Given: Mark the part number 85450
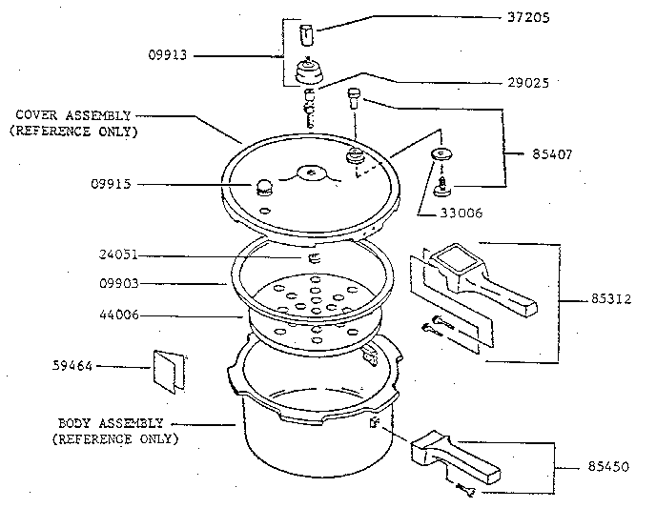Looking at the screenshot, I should [608, 468].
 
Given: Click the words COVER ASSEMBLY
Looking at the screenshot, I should [73, 115].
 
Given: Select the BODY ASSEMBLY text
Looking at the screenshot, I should [112, 422].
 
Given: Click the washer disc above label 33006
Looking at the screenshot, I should [441, 154].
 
